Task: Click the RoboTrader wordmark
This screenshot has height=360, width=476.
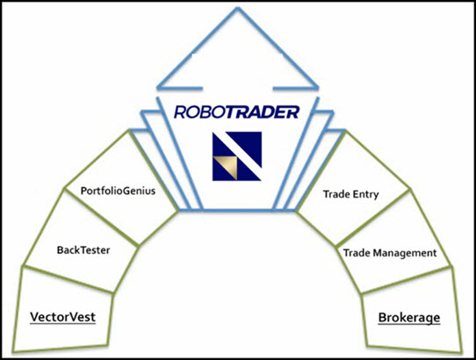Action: point(237,112)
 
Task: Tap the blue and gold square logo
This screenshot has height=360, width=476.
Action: point(237,156)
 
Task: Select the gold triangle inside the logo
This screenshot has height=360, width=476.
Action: point(227,167)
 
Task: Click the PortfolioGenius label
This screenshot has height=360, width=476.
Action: point(118,191)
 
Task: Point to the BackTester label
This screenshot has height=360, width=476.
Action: point(83,250)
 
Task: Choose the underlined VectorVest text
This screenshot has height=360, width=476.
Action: point(63,317)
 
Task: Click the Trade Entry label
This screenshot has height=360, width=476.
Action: point(351,194)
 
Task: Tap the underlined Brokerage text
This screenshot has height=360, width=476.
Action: point(409,318)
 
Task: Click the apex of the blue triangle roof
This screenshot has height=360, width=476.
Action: point(238,9)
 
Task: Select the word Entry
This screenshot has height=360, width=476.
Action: point(366,195)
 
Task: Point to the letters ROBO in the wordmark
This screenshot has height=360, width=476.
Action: point(200,112)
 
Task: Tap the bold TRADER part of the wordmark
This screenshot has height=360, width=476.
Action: point(263,112)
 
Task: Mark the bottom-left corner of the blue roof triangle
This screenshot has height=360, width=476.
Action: point(157,88)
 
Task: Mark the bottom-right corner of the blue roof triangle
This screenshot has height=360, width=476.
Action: point(317,88)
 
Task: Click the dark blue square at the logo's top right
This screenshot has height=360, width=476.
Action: point(249,144)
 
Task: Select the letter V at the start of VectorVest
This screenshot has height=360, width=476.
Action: point(34,317)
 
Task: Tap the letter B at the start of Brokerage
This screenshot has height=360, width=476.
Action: point(383,318)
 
